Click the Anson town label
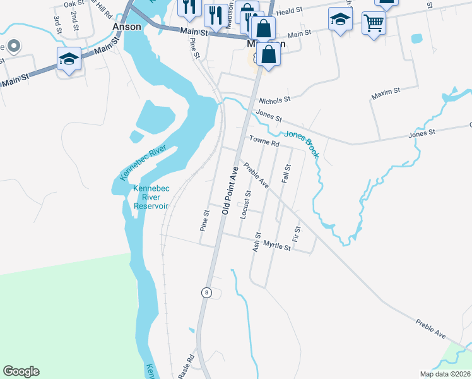125,27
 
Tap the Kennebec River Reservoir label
150,197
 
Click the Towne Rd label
264,143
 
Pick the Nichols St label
273,99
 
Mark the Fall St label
286,174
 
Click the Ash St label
256,242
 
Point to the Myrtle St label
276,245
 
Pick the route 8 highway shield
206,292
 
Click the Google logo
21,371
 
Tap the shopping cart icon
374,23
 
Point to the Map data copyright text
445,374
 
